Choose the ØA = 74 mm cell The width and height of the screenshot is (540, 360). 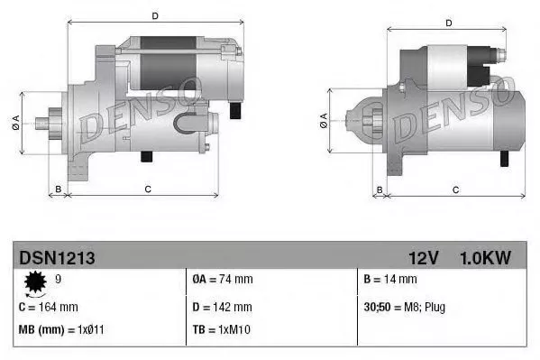pyautogui.click(x=223, y=280)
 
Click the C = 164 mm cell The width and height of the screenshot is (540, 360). pyautogui.click(x=49, y=307)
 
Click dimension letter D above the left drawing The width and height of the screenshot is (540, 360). pyautogui.click(x=154, y=16)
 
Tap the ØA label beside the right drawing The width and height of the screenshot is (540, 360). pyautogui.click(x=323, y=121)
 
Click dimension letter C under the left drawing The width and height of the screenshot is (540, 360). pyautogui.click(x=147, y=189)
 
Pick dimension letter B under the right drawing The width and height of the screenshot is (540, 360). pyautogui.click(x=380, y=189)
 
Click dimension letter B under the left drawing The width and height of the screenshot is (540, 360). pyautogui.click(x=59, y=189)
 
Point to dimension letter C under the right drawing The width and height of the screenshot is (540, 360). pyautogui.click(x=455, y=189)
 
